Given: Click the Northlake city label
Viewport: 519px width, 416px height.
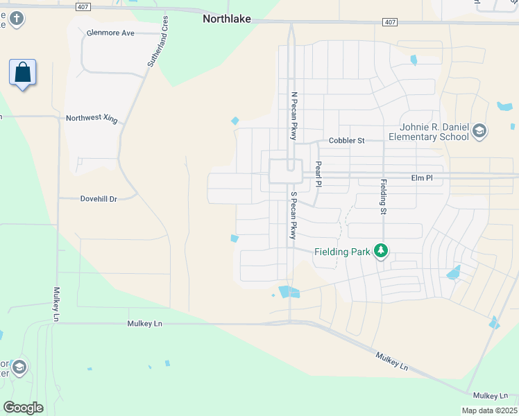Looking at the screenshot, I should click(x=226, y=19).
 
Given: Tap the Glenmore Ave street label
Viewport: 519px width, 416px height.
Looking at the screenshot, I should click(x=111, y=33).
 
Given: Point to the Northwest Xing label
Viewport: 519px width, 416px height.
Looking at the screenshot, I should click(x=92, y=118).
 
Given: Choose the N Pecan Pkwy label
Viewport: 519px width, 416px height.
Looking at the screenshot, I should click(x=294, y=116).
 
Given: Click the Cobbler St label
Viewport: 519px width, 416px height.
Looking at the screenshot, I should click(x=346, y=141).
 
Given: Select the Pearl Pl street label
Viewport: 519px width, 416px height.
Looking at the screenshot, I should click(x=318, y=174).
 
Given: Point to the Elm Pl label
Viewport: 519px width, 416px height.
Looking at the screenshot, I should click(x=422, y=178).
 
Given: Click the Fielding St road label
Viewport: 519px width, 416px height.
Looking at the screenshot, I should click(x=382, y=197).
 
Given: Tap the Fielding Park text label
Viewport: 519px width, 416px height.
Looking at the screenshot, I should click(x=342, y=252).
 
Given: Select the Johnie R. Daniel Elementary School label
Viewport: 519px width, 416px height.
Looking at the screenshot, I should click(x=434, y=132).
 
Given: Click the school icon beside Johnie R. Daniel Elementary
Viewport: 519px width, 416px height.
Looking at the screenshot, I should click(x=479, y=130).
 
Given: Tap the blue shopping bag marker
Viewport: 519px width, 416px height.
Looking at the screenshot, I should click(x=23, y=73).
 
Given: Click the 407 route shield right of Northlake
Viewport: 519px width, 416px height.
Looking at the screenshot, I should click(x=389, y=22).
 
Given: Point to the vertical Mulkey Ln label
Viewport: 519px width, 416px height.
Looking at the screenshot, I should click(x=55, y=304).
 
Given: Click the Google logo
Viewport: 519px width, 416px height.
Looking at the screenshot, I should click(x=23, y=407).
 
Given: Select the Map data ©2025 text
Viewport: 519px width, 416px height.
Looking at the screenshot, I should click(x=490, y=410).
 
